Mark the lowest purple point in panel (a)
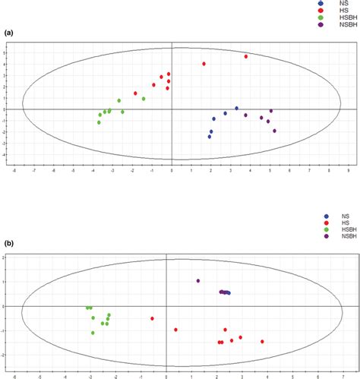pos(274,131)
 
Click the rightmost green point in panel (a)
pos(143,99)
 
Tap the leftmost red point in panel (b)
pos(152,318)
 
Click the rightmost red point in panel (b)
pos(262,342)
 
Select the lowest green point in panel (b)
pos(93,333)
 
